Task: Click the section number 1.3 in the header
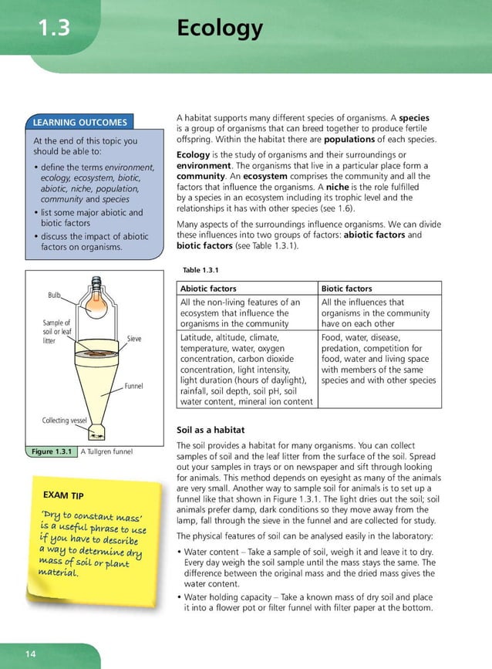[x=53, y=29]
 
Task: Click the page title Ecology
[x=220, y=29]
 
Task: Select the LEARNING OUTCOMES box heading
[x=79, y=122]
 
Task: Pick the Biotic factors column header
[x=347, y=289]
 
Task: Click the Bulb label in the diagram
[x=54, y=295]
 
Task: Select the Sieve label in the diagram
[x=134, y=339]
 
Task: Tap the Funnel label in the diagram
[x=133, y=385]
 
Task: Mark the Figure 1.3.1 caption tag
[x=51, y=451]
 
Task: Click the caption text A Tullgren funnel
[x=106, y=451]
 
